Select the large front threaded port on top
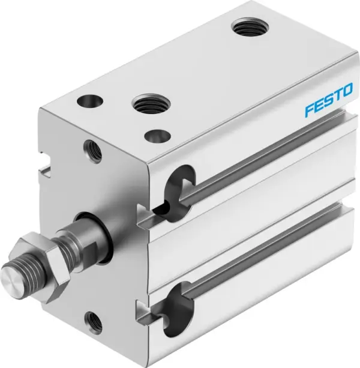tap(147, 104)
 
